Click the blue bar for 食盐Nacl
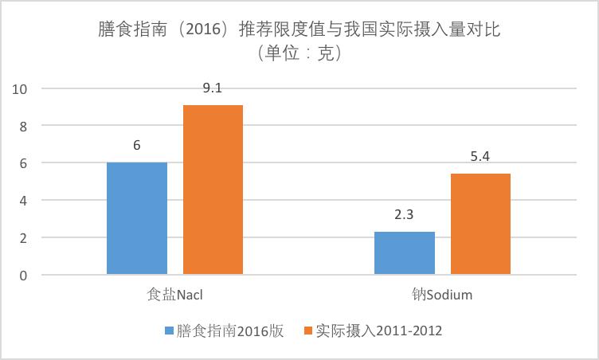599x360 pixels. coord(137,218)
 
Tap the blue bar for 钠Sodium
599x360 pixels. coord(405,253)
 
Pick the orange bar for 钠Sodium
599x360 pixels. coord(480,224)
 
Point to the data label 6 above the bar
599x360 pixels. coord(137,146)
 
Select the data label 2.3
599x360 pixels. coord(405,215)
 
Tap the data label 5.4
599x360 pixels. coord(480,158)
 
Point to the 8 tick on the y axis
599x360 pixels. coord(24,126)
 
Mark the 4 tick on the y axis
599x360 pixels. coord(24,201)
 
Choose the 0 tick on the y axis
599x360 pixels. coord(24,276)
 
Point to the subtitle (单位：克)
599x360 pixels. coord(299,54)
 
